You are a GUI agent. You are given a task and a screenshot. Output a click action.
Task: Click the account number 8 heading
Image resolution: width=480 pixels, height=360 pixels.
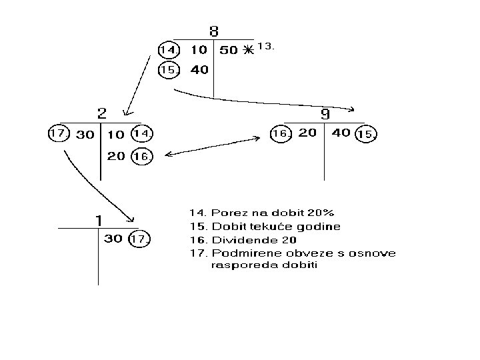pos(213,31)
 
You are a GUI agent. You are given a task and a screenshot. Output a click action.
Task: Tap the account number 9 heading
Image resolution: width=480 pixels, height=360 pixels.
pos(325,114)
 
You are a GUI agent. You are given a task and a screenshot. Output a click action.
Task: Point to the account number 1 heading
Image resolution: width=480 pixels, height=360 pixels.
pos(97,220)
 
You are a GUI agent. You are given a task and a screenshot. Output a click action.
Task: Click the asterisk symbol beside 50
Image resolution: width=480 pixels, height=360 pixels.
pos(248,51)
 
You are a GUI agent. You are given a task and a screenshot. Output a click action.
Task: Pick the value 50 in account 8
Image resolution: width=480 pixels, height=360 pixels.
pos(229,50)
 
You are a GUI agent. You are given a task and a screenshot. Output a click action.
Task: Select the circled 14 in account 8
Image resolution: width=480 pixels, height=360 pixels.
pos(168,50)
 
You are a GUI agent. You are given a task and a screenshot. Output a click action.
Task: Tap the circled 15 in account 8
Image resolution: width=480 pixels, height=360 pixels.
pos(168,69)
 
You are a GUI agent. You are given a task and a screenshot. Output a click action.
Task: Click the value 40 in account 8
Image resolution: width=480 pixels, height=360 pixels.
pos(199,69)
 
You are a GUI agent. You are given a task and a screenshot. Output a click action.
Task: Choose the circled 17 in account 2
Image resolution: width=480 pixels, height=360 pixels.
pos(59,133)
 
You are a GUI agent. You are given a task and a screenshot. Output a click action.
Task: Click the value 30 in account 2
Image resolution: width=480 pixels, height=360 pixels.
pos(85,134)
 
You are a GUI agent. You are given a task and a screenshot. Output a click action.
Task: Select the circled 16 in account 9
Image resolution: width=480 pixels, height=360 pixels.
pos(280,134)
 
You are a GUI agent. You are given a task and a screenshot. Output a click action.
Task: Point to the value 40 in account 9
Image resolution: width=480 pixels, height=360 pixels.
pos(341,133)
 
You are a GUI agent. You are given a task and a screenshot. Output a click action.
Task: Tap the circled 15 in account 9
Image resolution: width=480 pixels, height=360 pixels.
pos(366,135)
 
